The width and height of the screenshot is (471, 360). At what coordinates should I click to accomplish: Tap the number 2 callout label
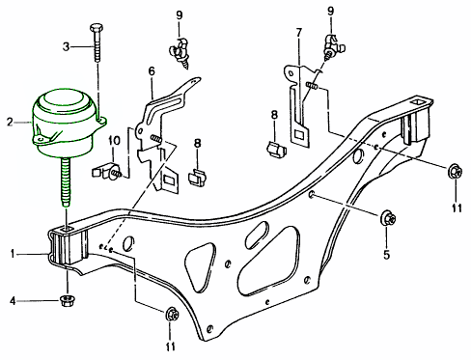(10, 123)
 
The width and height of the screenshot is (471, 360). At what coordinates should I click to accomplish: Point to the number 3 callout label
(67, 45)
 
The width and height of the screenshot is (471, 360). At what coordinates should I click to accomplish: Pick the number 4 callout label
(14, 301)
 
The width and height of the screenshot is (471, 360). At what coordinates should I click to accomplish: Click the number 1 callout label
(13, 255)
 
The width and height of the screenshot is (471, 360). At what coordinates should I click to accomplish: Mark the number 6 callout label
(152, 71)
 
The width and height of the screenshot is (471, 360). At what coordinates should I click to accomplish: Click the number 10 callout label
(113, 142)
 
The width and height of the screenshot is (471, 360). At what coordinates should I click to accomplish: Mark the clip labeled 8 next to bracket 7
(275, 150)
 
